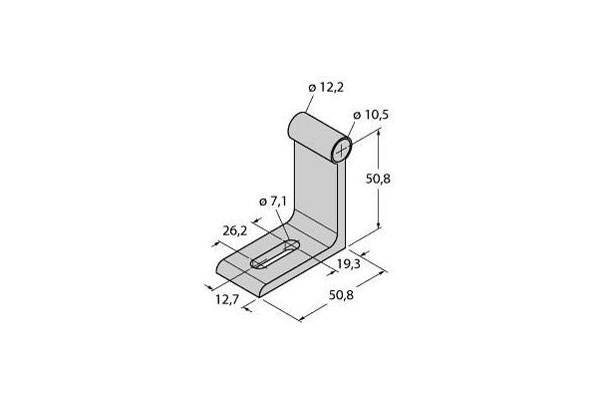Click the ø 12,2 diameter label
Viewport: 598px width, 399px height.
[326, 88]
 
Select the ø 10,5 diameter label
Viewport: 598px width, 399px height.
[371, 115]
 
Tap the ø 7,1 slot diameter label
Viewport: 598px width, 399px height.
[273, 201]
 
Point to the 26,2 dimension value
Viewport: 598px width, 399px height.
[235, 230]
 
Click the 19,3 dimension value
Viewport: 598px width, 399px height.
[348, 263]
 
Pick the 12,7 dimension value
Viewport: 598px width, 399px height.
[227, 299]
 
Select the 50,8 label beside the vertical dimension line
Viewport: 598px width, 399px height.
[378, 179]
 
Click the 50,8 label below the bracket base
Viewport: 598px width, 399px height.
[341, 295]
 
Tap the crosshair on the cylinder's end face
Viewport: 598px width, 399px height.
[342, 149]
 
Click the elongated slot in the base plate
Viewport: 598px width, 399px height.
[275, 254]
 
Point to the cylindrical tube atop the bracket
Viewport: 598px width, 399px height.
[320, 138]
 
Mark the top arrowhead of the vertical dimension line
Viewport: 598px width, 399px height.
[379, 132]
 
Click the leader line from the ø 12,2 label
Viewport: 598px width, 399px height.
[310, 103]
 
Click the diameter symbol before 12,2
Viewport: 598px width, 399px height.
[312, 88]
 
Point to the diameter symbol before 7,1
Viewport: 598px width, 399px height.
[263, 201]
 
